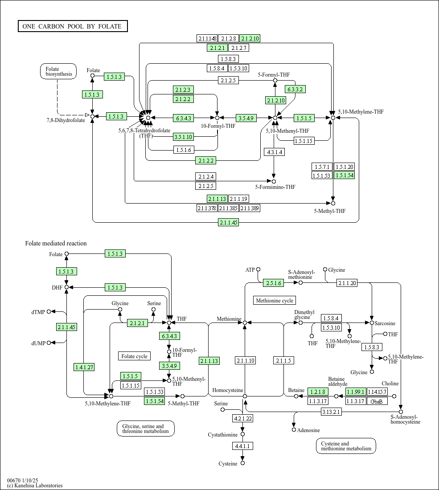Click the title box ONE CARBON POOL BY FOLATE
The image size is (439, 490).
[73, 26]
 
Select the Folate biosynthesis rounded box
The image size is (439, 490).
[58, 72]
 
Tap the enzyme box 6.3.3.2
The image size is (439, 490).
[295, 90]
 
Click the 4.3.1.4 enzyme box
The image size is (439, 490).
[274, 152]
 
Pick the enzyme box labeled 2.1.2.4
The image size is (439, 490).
[206, 176]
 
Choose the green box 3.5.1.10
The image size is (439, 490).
[183, 137]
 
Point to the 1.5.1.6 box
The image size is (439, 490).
[184, 150]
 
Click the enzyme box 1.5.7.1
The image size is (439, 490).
[322, 167]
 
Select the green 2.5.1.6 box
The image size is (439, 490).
[274, 283]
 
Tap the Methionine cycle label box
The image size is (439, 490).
[275, 301]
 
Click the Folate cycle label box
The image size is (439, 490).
[135, 356]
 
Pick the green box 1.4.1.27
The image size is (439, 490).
[84, 367]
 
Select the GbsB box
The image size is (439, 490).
[377, 401]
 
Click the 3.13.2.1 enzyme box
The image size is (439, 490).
[331, 412]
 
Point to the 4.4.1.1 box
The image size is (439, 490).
[242, 446]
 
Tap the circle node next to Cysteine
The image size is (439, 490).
[242, 463]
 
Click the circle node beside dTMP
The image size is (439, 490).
[49, 311]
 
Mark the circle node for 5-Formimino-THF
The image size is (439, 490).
[274, 182]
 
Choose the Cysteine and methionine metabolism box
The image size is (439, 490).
[346, 446]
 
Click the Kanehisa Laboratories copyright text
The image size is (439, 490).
[35, 485]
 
